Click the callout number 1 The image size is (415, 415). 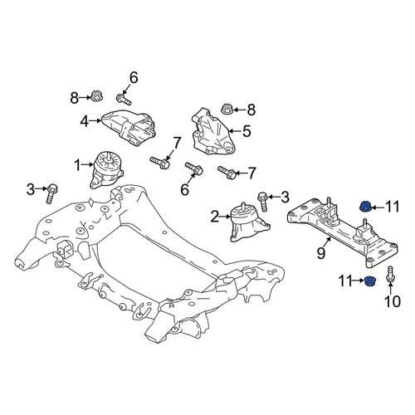click(78, 165)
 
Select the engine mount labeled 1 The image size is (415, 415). click(106, 170)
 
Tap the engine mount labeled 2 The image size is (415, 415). click(248, 222)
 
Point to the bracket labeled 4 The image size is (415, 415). click(129, 128)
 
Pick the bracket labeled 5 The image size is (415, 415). click(212, 131)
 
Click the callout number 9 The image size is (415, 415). click(321, 253)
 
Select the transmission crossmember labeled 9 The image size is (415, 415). click(343, 232)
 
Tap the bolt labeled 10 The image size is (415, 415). click(389, 275)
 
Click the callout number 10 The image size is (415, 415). click(393, 301)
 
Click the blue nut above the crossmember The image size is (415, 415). click(365, 207)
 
